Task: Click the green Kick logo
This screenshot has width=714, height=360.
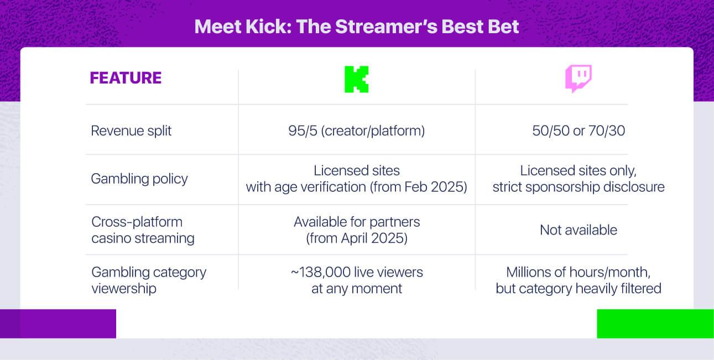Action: point(356,79)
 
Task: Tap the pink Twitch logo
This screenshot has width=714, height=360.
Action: point(578,79)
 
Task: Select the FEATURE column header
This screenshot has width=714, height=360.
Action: point(126,78)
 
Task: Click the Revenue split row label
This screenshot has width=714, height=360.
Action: point(131,131)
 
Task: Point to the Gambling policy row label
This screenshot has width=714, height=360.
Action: point(139,179)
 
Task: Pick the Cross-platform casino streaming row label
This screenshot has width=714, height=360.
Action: point(143,230)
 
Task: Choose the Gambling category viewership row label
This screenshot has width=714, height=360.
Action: point(149,280)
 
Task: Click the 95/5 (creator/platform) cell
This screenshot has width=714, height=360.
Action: point(356,131)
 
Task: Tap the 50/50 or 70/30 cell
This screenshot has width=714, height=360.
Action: point(579,131)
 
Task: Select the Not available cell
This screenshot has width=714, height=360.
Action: point(579,230)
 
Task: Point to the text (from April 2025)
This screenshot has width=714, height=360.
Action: point(357,238)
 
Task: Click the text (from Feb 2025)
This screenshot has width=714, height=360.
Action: point(419,187)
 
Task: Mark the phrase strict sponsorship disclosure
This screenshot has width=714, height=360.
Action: point(579,187)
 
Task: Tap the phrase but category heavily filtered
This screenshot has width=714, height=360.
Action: point(579,289)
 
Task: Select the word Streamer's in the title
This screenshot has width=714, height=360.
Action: point(386,27)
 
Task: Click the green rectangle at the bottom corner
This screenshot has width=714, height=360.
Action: point(655,324)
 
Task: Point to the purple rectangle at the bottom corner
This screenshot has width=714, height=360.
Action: point(58,324)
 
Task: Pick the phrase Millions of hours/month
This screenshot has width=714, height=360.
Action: point(578,273)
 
